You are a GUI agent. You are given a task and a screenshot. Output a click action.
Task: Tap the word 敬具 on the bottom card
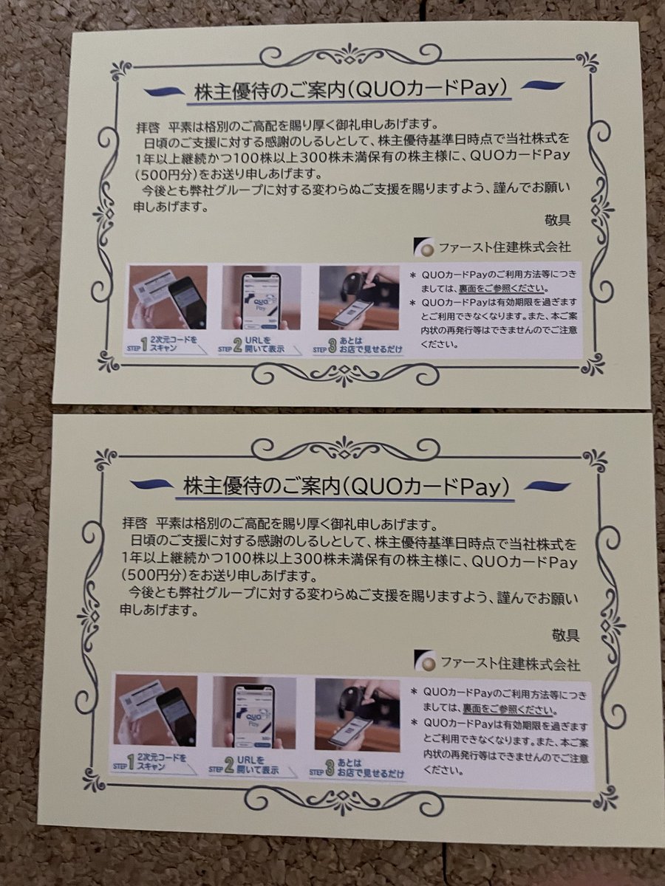tap(565, 634)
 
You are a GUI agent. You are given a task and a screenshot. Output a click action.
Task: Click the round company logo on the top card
tap(426, 247)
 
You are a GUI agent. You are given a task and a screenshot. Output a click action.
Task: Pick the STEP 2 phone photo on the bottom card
tap(253, 712)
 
